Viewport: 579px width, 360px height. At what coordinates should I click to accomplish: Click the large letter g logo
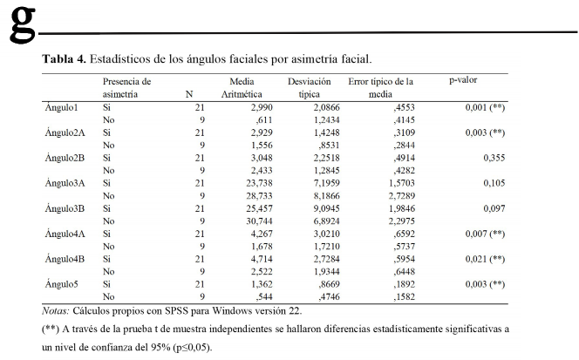[23, 24]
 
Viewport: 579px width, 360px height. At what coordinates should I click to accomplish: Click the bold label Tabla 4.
[64, 59]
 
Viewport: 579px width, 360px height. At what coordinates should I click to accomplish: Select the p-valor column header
[463, 80]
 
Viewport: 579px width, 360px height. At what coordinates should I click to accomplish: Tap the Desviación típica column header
[309, 88]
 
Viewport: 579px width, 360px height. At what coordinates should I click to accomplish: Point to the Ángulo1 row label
[61, 107]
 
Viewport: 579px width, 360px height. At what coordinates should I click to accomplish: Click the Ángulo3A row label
[65, 183]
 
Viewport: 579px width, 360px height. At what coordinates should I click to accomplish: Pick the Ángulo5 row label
[61, 284]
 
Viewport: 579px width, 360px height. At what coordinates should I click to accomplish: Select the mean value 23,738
[259, 183]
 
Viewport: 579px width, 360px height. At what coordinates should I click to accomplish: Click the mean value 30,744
[259, 221]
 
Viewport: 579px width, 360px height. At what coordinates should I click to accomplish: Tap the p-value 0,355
[494, 158]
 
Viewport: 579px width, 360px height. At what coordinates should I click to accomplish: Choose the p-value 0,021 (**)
[485, 259]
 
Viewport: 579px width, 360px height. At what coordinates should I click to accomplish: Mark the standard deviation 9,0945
[326, 208]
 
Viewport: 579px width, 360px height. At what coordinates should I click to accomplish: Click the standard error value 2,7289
[401, 196]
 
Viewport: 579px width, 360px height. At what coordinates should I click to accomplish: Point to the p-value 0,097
[494, 208]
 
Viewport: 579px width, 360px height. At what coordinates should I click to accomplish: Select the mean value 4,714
[262, 259]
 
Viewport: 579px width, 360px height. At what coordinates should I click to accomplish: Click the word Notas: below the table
[56, 311]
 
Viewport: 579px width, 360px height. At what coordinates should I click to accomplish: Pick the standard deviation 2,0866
[326, 107]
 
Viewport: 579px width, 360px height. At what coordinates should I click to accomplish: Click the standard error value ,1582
[404, 297]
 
